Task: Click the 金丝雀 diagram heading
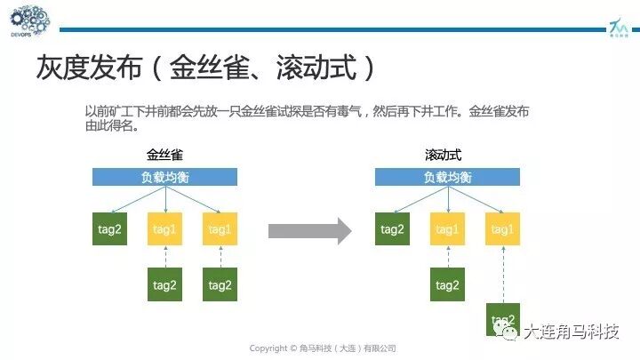(164, 156)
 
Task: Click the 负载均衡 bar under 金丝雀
(164, 177)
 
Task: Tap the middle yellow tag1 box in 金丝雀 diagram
(165, 229)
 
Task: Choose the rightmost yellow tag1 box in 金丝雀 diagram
(220, 229)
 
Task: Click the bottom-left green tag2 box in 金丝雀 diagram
(165, 284)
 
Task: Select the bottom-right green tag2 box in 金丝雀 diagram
(220, 284)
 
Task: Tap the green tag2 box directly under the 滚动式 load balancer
(392, 229)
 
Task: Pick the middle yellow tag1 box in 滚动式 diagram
(447, 229)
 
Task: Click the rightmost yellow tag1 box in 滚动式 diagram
(502, 229)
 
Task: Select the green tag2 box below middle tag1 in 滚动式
(447, 284)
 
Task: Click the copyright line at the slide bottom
(322, 348)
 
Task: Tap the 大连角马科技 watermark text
(570, 332)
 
